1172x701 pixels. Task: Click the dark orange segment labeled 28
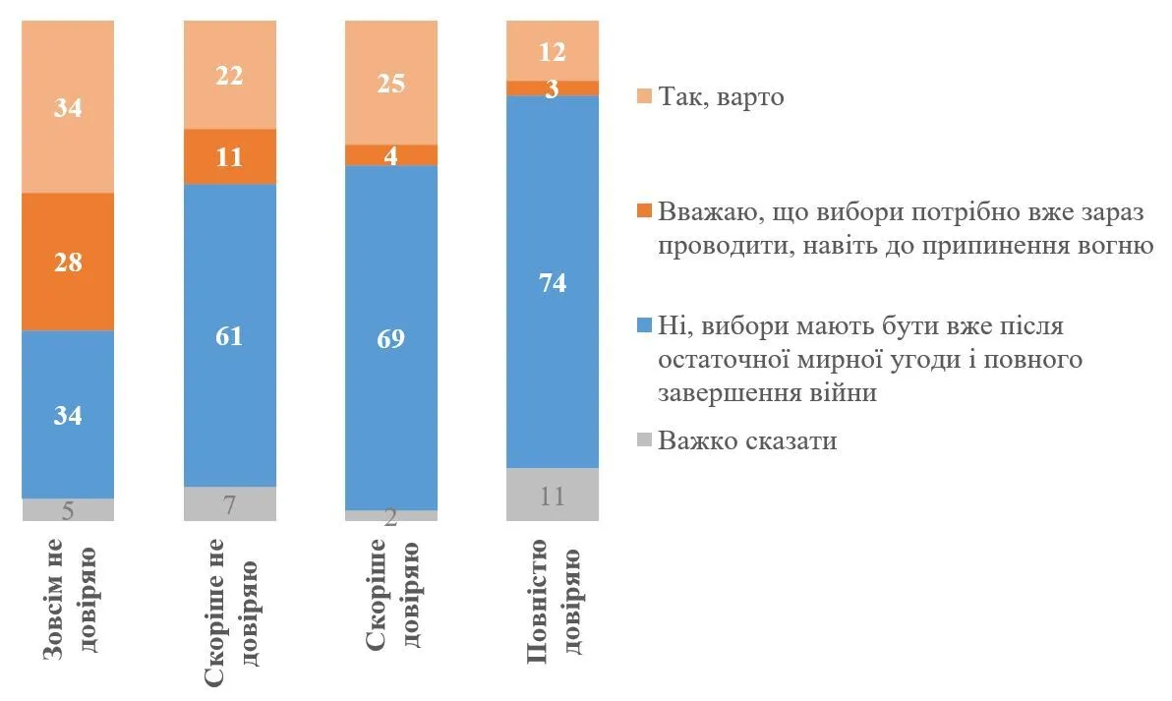pos(68,262)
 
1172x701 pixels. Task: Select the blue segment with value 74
pos(553,281)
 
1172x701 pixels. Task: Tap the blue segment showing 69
pos(391,337)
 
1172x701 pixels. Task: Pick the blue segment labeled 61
pos(230,335)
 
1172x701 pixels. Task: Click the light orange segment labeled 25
pos(391,83)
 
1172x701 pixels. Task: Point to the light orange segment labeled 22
pos(230,75)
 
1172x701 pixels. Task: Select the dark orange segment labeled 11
pos(230,156)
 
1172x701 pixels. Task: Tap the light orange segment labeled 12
pos(553,50)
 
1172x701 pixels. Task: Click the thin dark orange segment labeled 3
pos(553,88)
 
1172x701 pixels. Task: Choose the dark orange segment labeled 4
pos(391,155)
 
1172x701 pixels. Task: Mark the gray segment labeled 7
pos(230,503)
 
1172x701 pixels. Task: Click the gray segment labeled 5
pos(68,509)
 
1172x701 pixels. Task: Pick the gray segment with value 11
pos(553,495)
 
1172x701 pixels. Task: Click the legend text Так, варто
pos(722,98)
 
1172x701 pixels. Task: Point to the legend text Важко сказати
pos(747,439)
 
